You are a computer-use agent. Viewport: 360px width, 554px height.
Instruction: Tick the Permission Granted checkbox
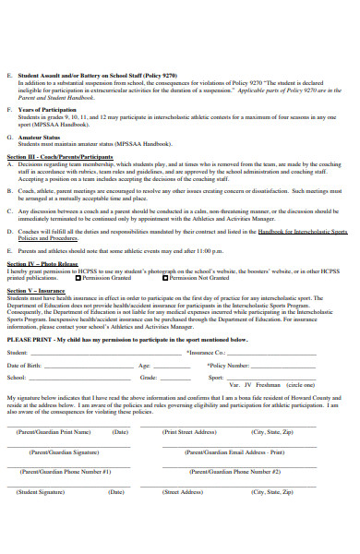(79, 277)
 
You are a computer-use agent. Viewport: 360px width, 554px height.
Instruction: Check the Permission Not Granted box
(165, 277)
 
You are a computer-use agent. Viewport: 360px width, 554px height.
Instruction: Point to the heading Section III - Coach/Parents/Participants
(59, 155)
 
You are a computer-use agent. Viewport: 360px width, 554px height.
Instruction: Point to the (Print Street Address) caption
(189, 431)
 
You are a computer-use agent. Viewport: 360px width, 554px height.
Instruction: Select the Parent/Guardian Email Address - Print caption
(234, 452)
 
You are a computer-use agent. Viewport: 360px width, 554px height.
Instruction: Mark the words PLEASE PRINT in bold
(30, 339)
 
